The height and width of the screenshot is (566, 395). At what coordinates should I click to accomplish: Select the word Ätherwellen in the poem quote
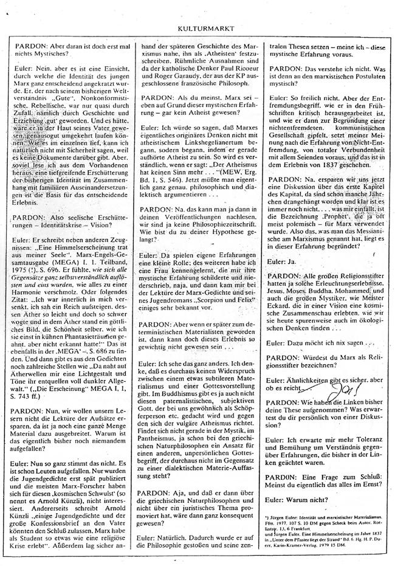tap(35, 374)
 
